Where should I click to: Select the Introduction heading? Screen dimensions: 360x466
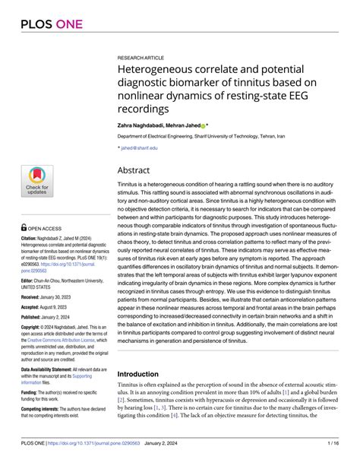coord(144,353)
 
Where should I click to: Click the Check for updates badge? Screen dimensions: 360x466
coord(36,182)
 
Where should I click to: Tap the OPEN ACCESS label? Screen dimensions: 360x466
coord(48,227)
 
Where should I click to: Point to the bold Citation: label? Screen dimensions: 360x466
coord(33,238)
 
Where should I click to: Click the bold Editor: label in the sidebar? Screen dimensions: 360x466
coord(31,281)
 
